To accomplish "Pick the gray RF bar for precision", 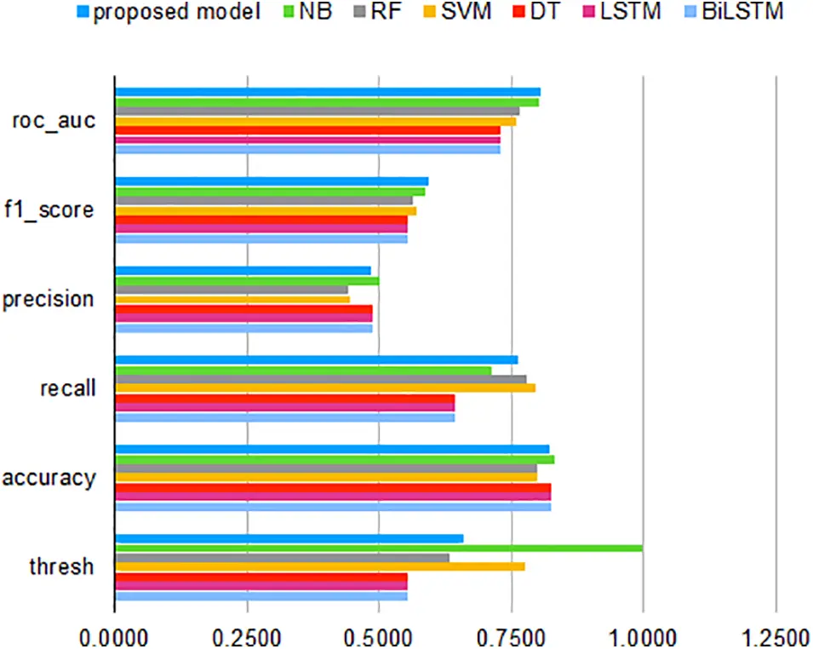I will (x=231, y=290).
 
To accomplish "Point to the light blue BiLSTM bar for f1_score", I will (x=261, y=239).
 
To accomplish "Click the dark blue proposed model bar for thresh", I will (x=289, y=538).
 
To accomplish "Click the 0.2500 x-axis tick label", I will (x=247, y=635).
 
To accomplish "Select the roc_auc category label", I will (x=53, y=120).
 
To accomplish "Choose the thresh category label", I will (x=61, y=566).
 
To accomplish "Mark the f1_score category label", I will (x=53, y=210).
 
